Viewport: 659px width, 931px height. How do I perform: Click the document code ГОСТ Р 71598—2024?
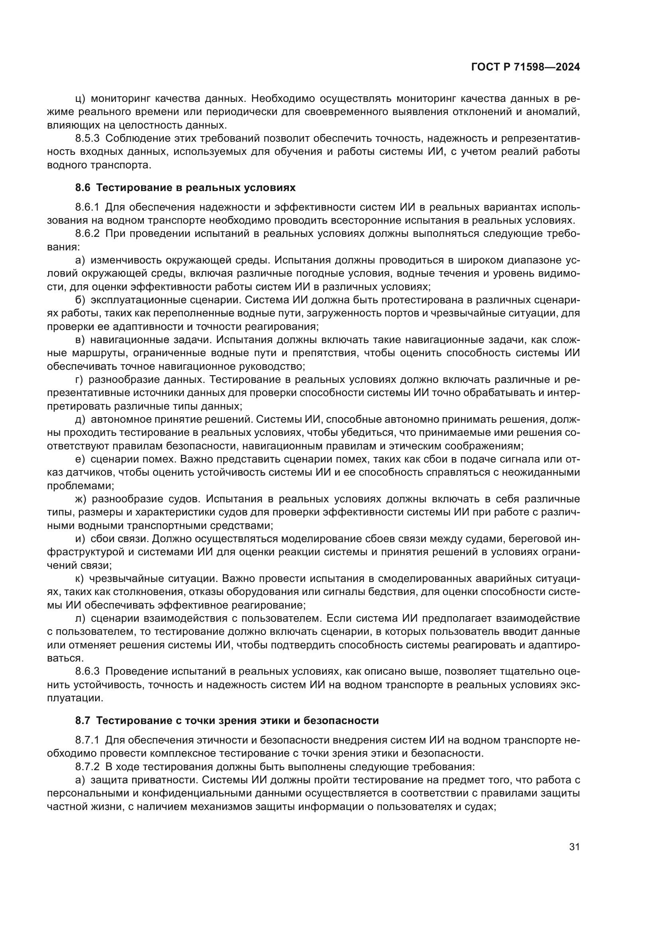point(525,67)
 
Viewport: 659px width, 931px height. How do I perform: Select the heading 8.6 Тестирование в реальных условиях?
point(185,188)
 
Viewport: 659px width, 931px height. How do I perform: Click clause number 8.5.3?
point(87,139)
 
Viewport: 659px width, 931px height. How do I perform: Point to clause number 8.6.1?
point(87,208)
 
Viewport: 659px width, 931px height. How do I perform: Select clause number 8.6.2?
point(87,234)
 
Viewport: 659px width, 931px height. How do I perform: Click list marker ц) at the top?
point(80,99)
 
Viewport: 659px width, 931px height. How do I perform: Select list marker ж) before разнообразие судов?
point(81,499)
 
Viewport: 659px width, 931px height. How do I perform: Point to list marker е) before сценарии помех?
point(80,459)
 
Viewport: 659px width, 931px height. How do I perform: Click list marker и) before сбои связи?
point(80,539)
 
